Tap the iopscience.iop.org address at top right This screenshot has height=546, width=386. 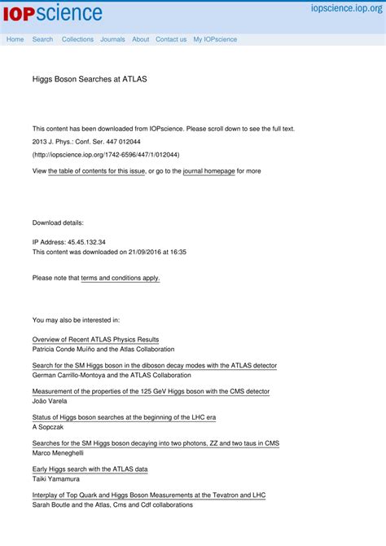pos(346,8)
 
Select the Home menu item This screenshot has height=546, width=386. pos(15,39)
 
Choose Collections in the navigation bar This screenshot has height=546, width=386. pos(77,39)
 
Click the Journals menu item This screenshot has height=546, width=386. pos(112,39)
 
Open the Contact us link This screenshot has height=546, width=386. pos(171,39)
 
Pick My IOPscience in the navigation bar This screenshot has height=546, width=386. pos(215,39)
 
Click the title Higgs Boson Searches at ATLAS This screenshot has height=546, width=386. pos(90,80)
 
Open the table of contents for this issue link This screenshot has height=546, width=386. pos(97,171)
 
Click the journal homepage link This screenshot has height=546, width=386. pos(208,171)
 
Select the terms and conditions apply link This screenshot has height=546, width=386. pos(121,278)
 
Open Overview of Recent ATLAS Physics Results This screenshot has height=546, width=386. pos(95,339)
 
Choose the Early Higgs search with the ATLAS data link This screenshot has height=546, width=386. pos(90,469)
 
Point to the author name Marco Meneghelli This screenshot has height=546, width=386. pos(58,452)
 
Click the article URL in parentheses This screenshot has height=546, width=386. pos(106,154)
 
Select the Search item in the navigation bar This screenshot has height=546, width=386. pos(42,39)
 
